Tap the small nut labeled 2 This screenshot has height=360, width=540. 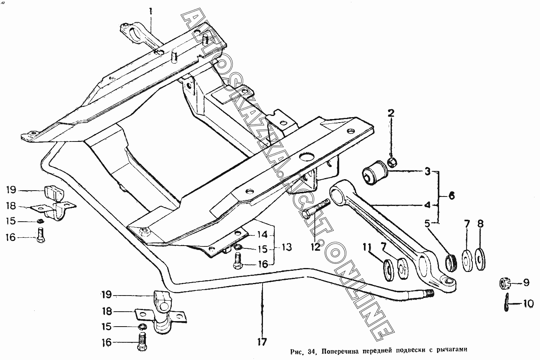391,162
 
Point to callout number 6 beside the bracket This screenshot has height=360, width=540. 452,195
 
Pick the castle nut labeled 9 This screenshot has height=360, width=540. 505,283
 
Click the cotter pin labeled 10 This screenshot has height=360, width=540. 506,303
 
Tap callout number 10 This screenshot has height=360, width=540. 529,303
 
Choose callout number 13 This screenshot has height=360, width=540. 287,247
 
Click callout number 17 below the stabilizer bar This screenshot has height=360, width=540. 262,342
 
